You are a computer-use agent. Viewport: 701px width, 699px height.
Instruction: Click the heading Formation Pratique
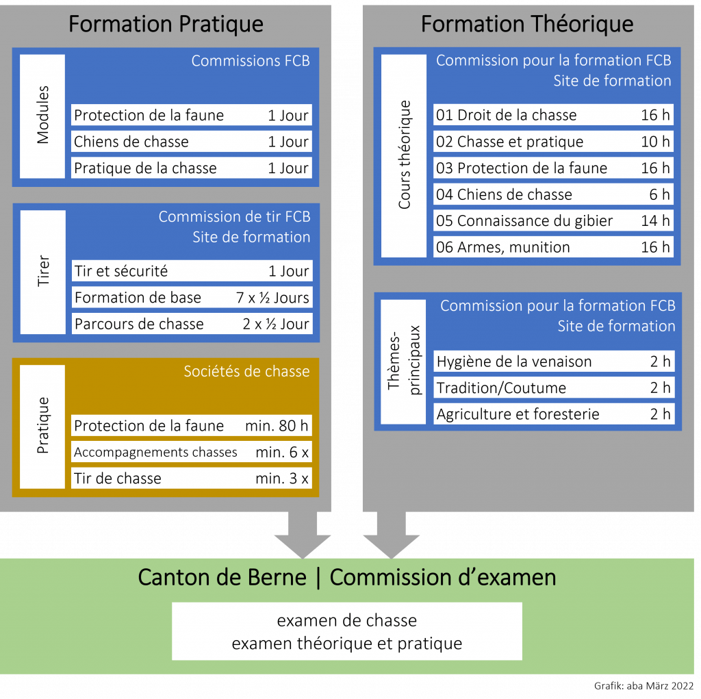click(x=166, y=25)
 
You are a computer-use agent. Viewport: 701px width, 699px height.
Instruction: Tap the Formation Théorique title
click(x=526, y=25)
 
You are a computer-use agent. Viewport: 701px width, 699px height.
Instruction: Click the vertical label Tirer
click(x=43, y=271)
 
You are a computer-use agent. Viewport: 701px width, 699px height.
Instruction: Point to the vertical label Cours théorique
click(x=405, y=155)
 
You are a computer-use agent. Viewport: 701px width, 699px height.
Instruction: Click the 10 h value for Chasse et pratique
click(x=655, y=142)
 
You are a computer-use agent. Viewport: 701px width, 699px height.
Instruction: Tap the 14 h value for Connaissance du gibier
click(x=655, y=220)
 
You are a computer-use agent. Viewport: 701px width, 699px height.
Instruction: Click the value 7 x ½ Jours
click(x=272, y=298)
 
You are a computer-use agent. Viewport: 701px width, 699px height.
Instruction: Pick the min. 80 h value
click(x=277, y=426)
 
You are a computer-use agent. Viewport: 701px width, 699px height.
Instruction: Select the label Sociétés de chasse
click(x=246, y=372)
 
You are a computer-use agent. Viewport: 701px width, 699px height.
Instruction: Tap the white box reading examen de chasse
click(x=346, y=631)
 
